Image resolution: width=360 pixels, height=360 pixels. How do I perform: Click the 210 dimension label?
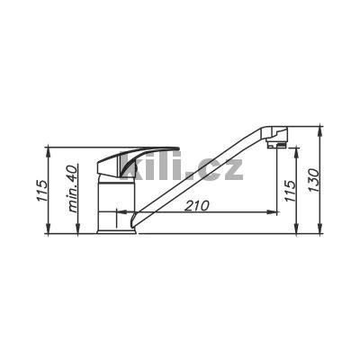(x=196, y=206)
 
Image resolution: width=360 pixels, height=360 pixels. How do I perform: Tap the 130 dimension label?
(x=313, y=181)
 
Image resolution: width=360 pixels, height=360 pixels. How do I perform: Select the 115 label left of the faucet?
(x=41, y=191)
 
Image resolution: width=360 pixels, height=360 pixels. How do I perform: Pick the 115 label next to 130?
(x=290, y=191)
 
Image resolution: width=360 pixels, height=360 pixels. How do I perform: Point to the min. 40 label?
(x=73, y=189)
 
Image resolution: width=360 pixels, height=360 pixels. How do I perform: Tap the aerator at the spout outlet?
(x=277, y=145)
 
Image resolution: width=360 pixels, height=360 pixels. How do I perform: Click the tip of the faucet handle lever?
(x=178, y=148)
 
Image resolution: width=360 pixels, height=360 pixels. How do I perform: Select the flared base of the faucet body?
(x=116, y=231)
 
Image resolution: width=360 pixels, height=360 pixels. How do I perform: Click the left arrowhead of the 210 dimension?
(x=120, y=212)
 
